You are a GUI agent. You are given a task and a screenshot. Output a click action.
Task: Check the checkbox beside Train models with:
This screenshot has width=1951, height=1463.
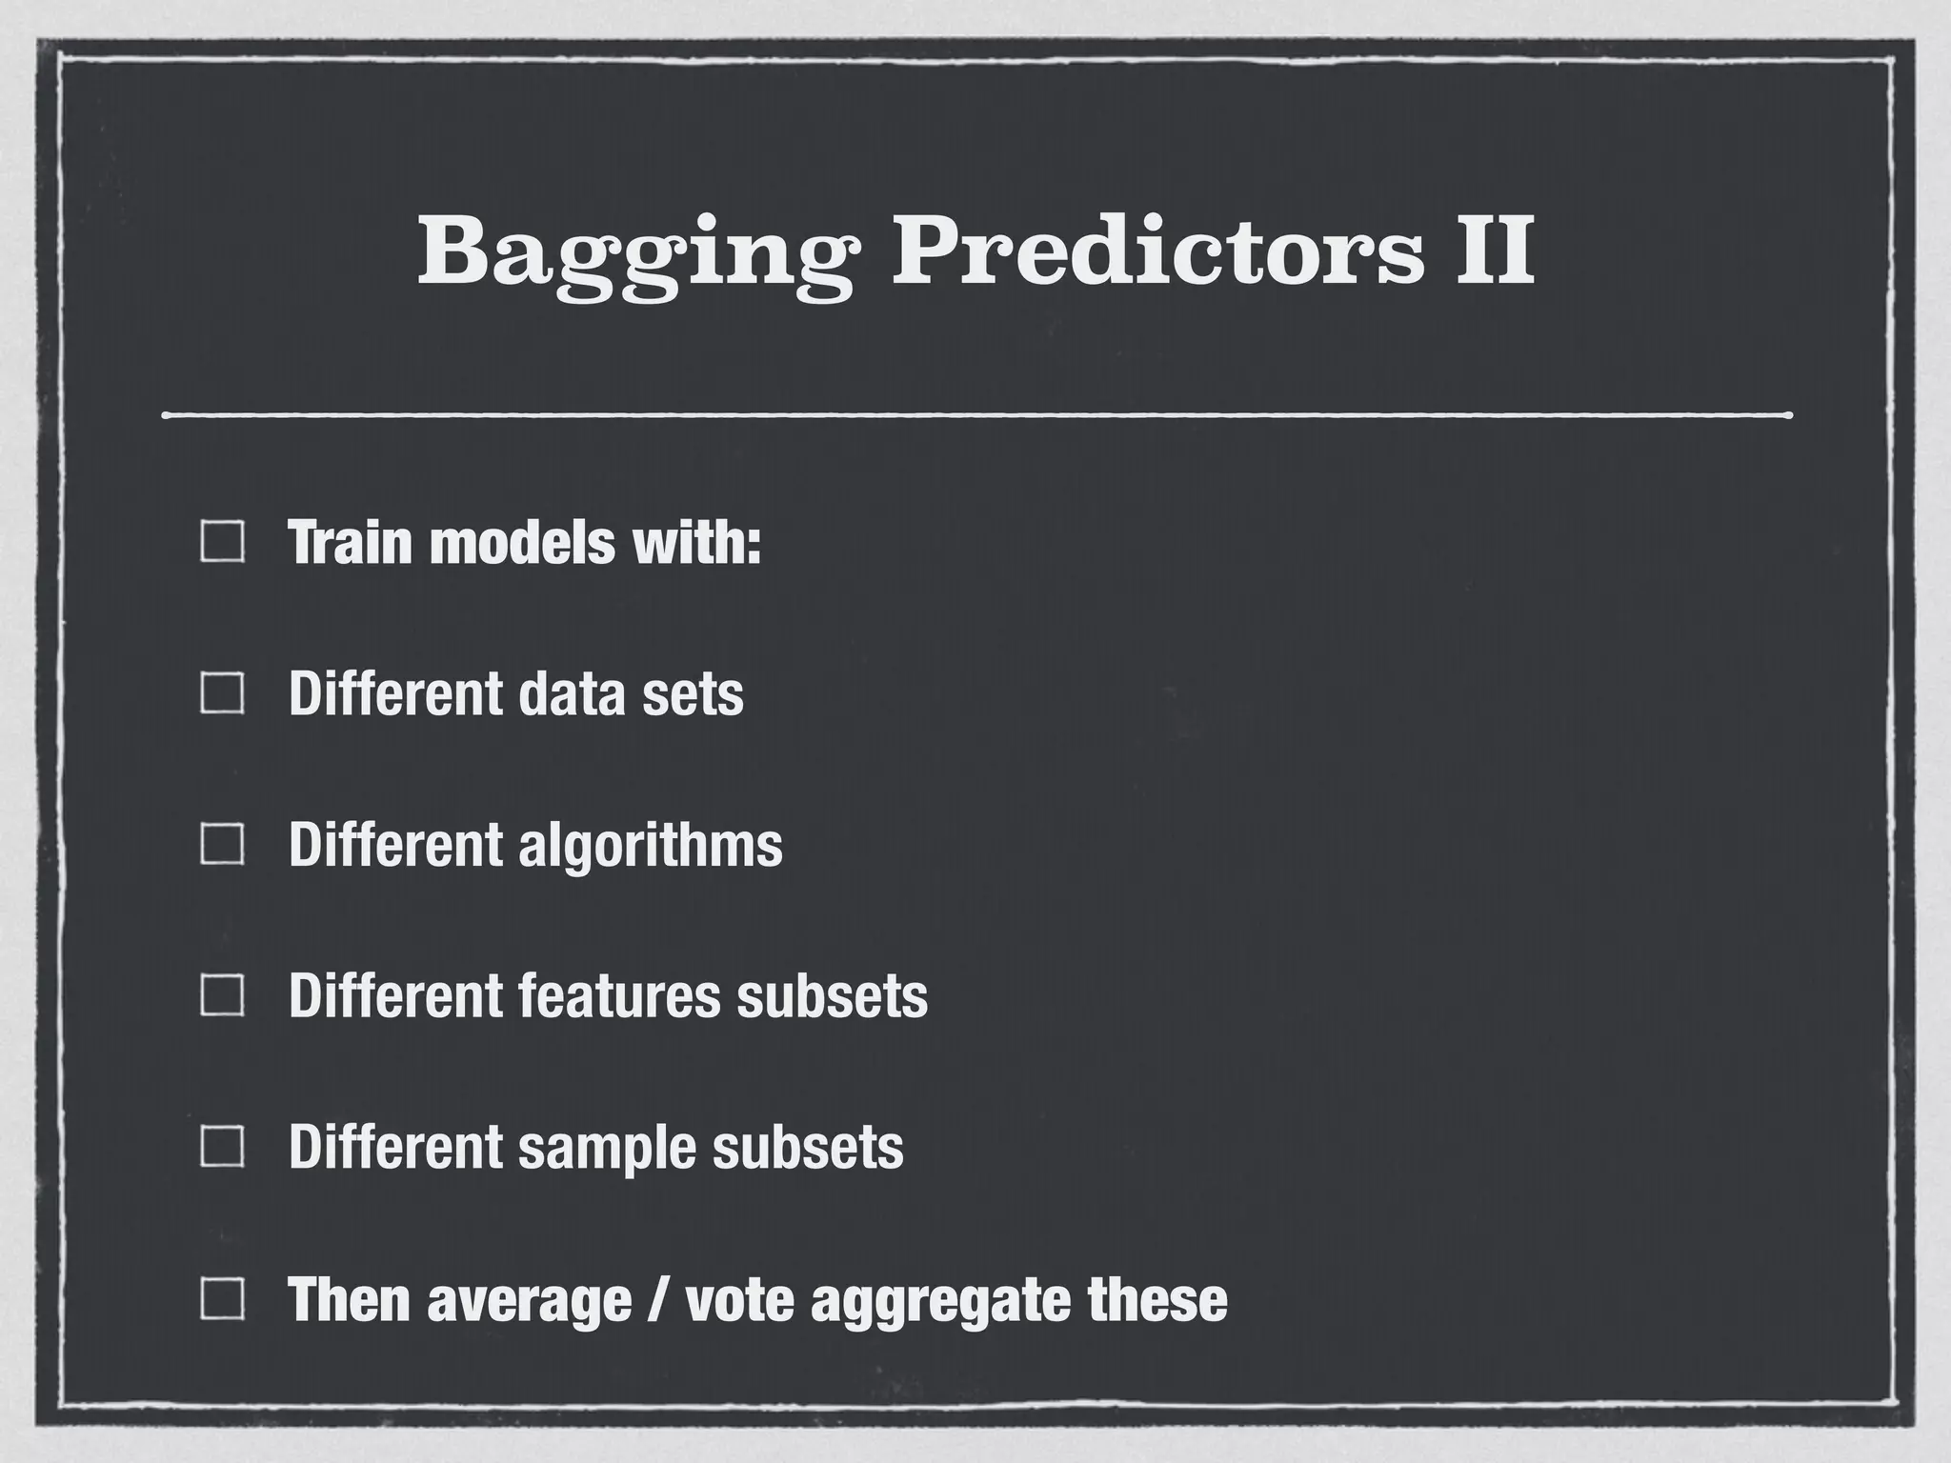(223, 542)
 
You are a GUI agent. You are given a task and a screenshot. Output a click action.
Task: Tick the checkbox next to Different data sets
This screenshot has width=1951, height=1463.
(223, 693)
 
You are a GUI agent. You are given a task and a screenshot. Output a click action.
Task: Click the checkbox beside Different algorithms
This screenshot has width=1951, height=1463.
(223, 845)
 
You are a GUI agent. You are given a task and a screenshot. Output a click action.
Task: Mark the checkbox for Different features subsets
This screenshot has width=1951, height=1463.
(223, 996)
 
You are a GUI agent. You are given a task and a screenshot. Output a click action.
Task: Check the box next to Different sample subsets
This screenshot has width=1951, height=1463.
(223, 1148)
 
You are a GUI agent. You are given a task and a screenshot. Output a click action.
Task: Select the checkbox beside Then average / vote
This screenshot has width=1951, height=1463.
(223, 1299)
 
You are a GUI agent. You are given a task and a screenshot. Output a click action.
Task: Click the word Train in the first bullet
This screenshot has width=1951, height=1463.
(351, 542)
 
